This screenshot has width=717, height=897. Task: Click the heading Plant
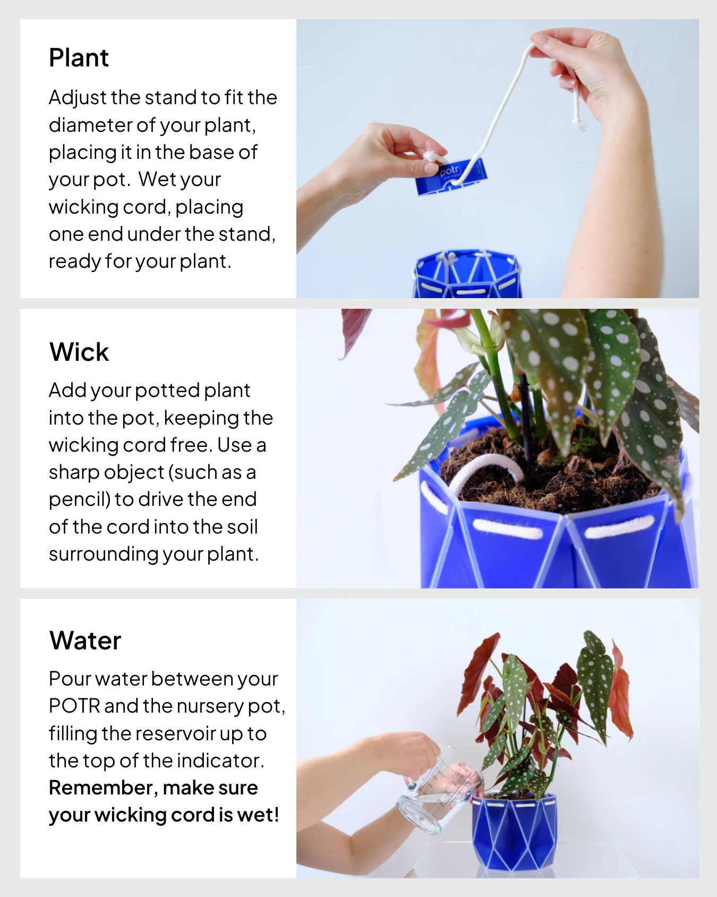pos(79,57)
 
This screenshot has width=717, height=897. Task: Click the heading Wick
pos(79,352)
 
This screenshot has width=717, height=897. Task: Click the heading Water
pos(85,640)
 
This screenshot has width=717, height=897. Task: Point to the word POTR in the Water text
pos(74,706)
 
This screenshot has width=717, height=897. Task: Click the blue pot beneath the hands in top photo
pos(467,276)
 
